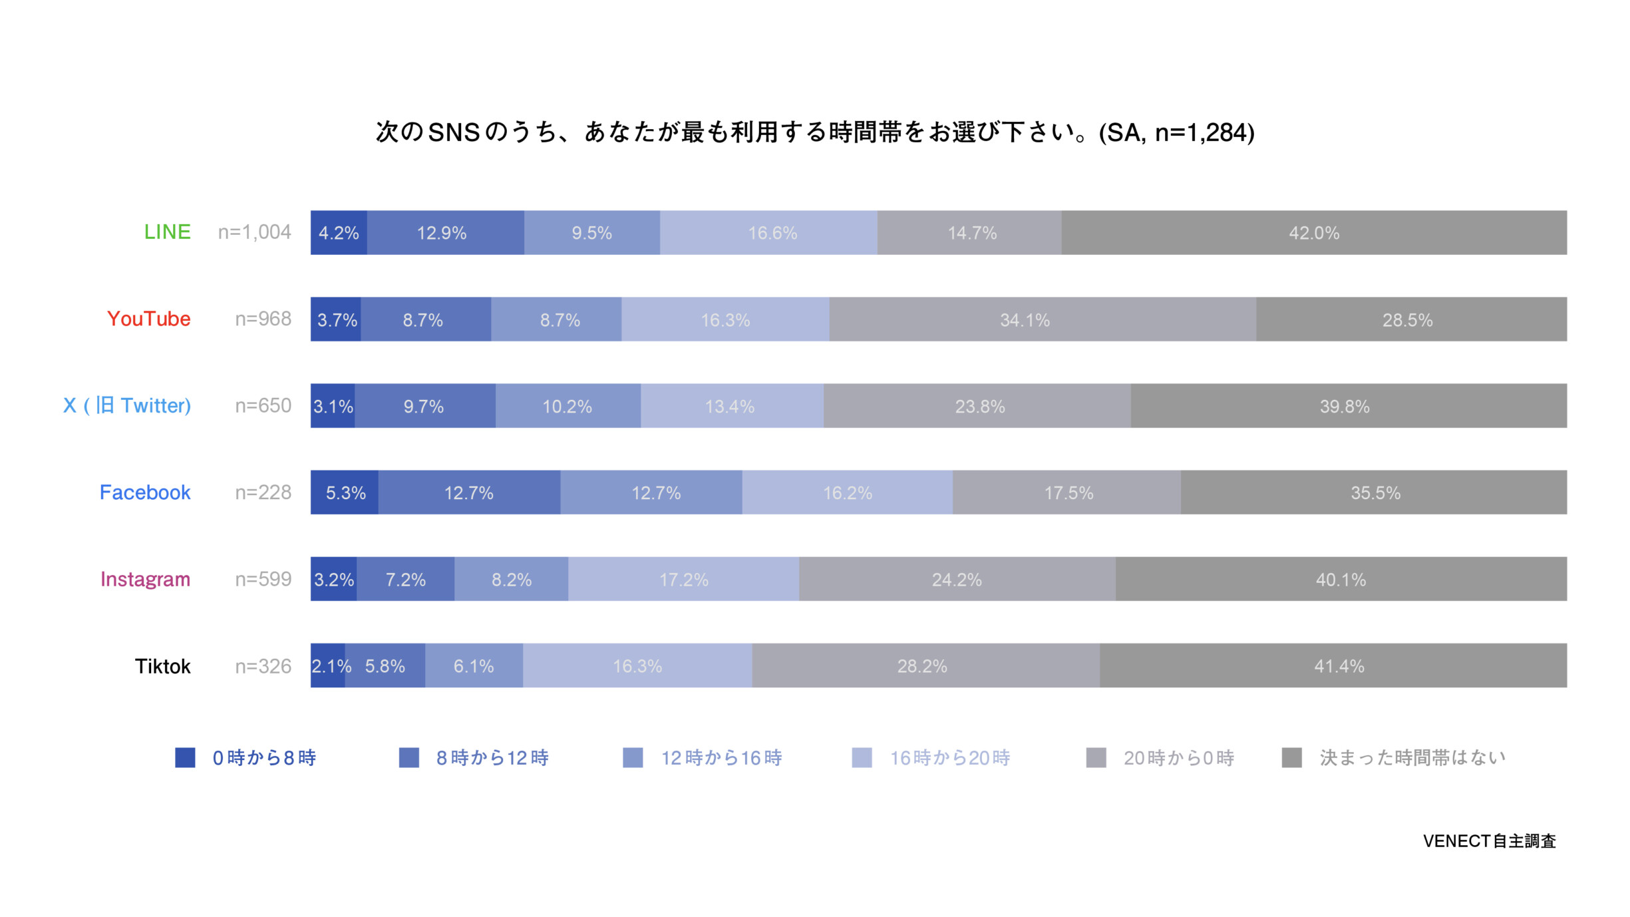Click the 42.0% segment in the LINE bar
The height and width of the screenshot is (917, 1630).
point(1314,233)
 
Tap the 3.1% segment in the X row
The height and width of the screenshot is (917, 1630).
point(333,406)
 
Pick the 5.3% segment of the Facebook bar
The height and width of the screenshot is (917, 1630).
point(345,492)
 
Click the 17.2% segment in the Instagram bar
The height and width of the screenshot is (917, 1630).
point(683,579)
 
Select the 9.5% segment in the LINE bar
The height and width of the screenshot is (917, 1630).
point(591,233)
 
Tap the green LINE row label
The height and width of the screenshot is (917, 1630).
point(167,232)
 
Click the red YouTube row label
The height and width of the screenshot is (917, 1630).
point(148,319)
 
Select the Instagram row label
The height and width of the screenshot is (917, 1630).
point(145,579)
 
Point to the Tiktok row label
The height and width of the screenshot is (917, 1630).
point(162,666)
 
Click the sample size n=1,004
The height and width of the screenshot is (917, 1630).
point(254,232)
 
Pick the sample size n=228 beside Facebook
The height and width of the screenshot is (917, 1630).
point(263,492)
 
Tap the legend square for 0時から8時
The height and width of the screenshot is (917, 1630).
point(185,757)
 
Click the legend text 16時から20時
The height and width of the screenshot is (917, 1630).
point(949,758)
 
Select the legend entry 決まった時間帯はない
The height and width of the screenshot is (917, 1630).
point(1412,758)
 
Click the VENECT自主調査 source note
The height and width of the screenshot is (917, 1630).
point(1489,841)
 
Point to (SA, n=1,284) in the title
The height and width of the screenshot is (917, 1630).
point(1176,132)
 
